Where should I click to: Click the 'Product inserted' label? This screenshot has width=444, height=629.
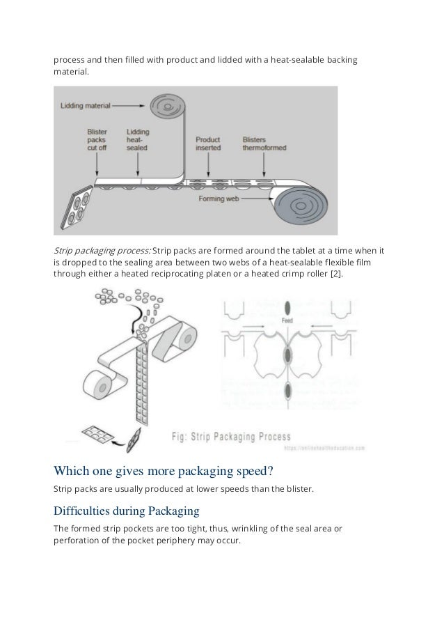208,143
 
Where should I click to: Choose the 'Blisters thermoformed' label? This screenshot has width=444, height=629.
264,143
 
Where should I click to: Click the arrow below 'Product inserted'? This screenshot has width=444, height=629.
207,164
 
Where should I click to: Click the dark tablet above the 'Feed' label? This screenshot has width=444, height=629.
287,307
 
